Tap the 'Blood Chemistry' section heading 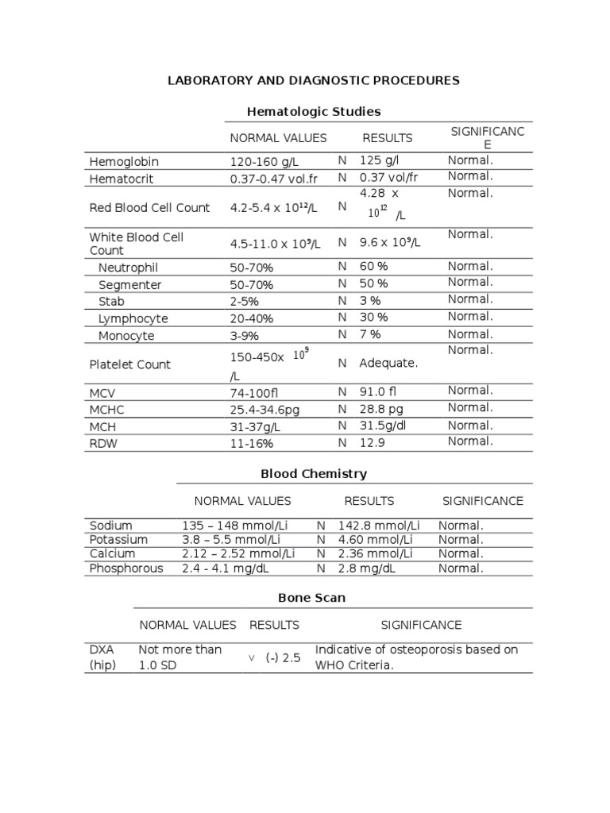pos(314,474)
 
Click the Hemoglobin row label pos(124,162)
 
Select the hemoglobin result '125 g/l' pos(380,161)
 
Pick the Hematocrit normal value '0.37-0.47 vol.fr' pos(272,179)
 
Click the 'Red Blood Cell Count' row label pos(149,208)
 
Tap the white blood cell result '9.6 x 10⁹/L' pos(389,244)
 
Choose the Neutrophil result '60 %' pos(373,267)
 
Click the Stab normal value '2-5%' pos(244,302)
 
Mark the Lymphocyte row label pos(133,318)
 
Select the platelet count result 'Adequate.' pos(388,364)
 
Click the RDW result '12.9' pos(372,443)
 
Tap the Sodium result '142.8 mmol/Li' pos(379,526)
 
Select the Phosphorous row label pos(126,568)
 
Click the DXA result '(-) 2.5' pos(284,658)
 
